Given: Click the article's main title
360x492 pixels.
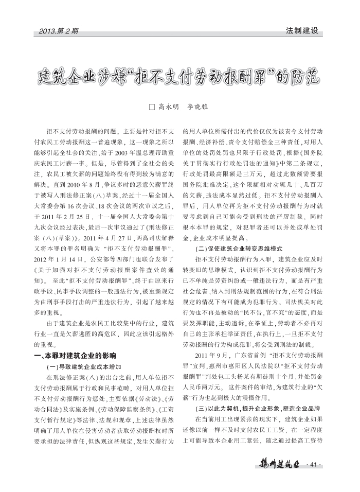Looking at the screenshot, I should [179, 78].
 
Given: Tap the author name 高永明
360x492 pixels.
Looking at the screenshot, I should [168, 107].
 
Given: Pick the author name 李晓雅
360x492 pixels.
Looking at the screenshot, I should [199, 107].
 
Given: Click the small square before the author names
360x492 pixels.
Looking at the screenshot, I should [151, 107].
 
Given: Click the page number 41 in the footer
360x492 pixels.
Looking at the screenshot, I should [313, 467].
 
